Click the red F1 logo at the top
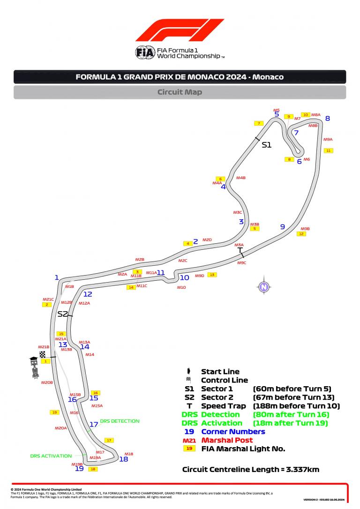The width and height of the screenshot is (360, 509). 180,30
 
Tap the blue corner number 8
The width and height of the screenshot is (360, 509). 328,119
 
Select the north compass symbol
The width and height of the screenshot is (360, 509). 264,287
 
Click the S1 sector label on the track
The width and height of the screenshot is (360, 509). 266,145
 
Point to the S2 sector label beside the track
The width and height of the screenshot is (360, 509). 62,314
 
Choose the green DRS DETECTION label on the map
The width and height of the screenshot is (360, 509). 120,421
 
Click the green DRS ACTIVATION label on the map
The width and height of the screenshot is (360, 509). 51,456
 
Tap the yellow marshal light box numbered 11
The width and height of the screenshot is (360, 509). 328,150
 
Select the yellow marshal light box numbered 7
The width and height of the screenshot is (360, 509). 259,123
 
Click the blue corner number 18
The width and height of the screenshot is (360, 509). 124,459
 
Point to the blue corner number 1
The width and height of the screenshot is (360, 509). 57,277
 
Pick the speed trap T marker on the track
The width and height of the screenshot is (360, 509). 240,251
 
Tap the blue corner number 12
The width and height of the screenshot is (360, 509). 88,294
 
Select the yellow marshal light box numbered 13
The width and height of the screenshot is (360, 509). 212,275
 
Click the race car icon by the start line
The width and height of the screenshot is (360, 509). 35,368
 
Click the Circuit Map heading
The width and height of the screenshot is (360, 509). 180,92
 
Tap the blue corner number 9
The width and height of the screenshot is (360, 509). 282,227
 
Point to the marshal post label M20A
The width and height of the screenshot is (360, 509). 61,428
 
